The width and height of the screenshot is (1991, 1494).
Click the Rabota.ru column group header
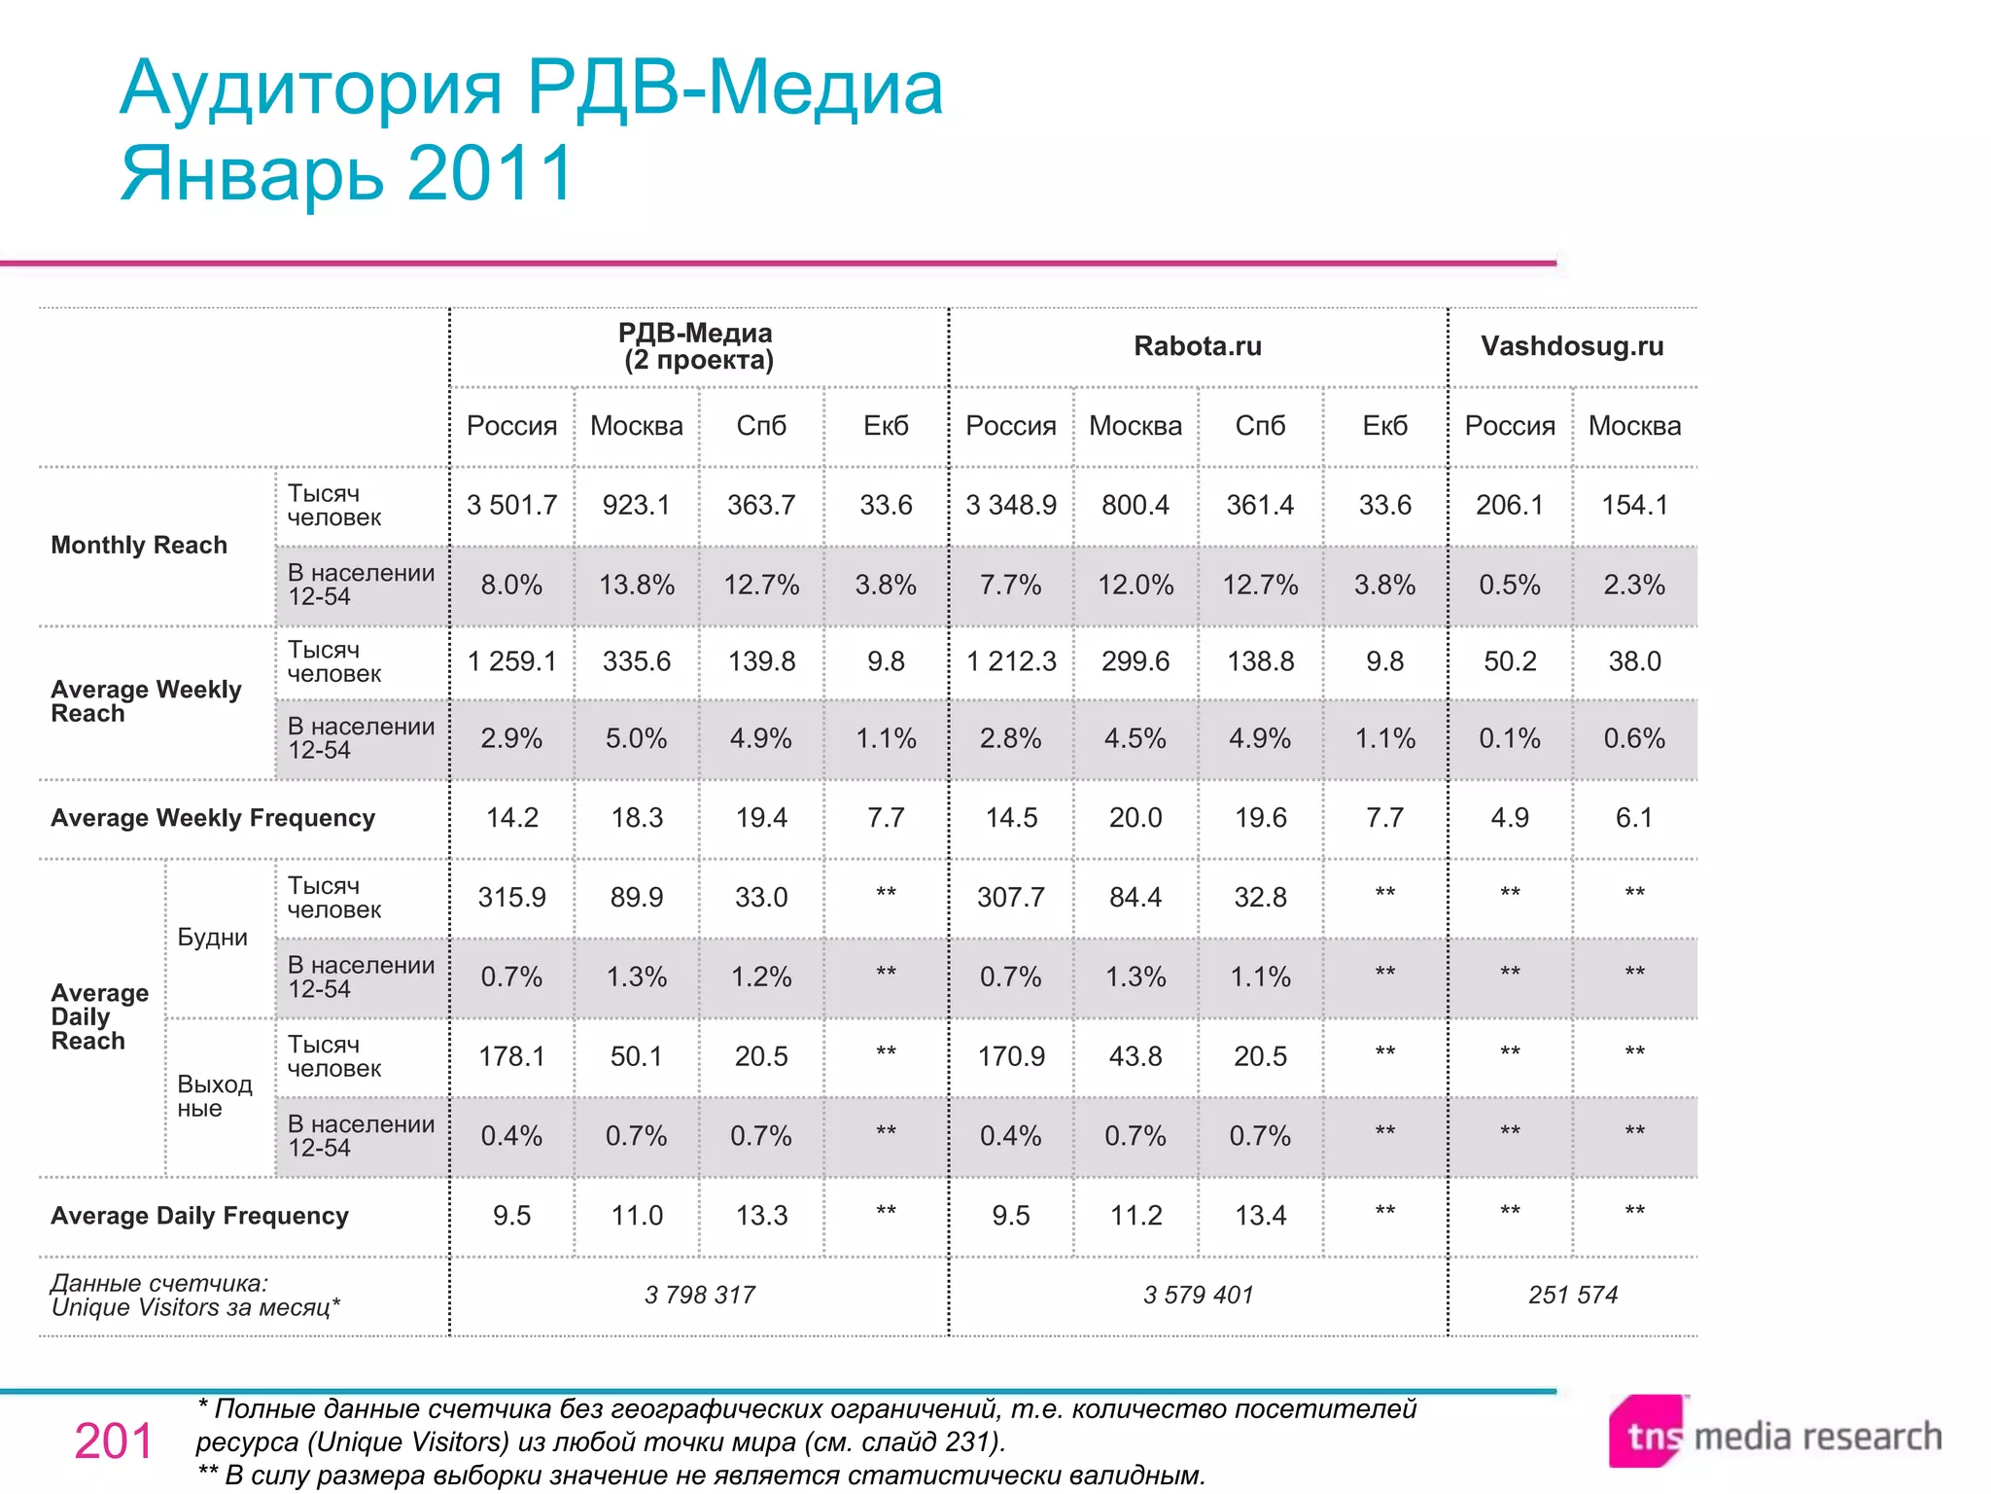click(1197, 346)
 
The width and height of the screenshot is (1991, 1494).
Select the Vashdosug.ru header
click(1572, 346)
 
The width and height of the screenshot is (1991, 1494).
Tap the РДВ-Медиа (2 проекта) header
click(696, 346)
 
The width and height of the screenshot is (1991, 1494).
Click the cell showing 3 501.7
click(511, 505)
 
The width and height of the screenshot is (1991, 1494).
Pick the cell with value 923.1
click(636, 505)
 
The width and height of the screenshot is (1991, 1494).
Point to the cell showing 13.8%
click(636, 585)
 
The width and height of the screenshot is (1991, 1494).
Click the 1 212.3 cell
click(1010, 661)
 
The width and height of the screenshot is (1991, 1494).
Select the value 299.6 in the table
click(1135, 661)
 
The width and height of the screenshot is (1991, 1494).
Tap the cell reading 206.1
click(1509, 505)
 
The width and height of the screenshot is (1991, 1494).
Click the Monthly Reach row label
click(139, 545)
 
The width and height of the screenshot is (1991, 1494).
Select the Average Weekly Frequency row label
click(213, 818)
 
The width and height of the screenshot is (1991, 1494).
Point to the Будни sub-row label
click(212, 938)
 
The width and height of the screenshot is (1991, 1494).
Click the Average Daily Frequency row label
click(199, 1216)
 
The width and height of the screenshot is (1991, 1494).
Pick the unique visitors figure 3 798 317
click(699, 1296)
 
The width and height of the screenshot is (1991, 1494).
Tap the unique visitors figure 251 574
click(1572, 1296)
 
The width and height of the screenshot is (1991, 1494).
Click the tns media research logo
click(1774, 1435)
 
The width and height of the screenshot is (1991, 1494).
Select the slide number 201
click(113, 1441)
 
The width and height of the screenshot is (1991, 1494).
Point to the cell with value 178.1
click(511, 1056)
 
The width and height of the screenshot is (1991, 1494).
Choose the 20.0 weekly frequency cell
click(1135, 818)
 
